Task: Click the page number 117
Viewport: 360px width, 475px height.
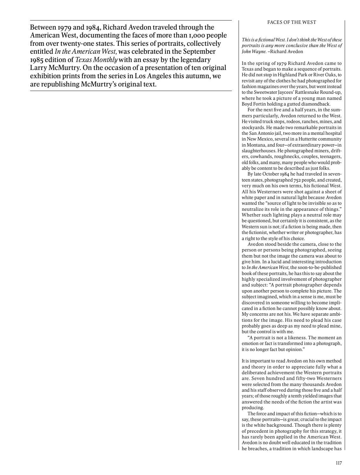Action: (339, 463)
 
